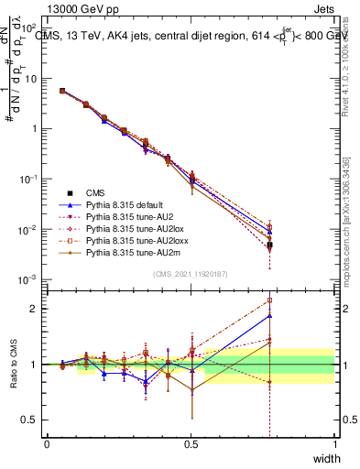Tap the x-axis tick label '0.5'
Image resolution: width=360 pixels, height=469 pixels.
(x=191, y=443)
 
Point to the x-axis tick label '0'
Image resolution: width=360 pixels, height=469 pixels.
(x=47, y=443)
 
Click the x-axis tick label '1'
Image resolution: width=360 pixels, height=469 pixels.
(x=334, y=443)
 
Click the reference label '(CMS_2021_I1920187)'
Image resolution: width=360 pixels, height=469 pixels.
(x=191, y=273)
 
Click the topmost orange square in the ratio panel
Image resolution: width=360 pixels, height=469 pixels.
(x=269, y=300)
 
